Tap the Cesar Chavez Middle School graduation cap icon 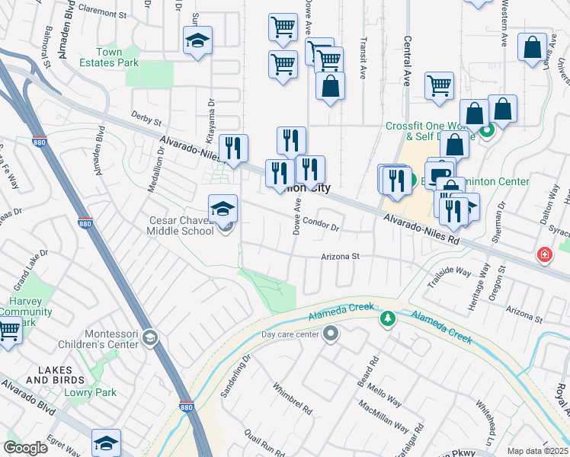coord(223,209)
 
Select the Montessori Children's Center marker coord(151,338)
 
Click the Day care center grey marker coord(331,334)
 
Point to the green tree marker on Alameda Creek coord(388,318)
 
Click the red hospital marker coord(544,254)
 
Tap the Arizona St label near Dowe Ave coord(340,257)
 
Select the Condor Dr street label coord(320,222)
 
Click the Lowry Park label coord(101,392)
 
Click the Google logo coord(26,448)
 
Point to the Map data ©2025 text coord(536,451)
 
